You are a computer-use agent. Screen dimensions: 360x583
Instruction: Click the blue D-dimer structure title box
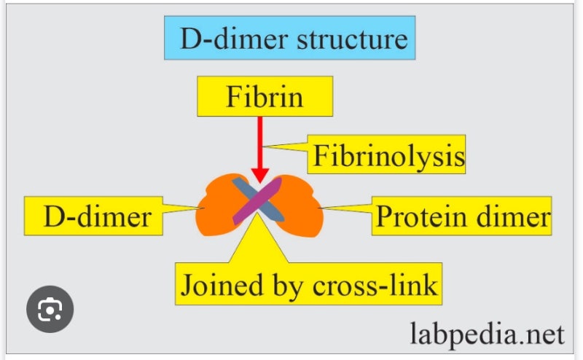[289, 38]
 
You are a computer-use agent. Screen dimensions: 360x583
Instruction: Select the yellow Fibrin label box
[264, 96]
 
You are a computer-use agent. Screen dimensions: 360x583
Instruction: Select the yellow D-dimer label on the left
[96, 216]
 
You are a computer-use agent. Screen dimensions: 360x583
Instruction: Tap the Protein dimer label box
[462, 216]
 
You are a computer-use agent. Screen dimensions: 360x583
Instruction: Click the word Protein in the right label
[421, 216]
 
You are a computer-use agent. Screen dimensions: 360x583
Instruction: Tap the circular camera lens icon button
[50, 309]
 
